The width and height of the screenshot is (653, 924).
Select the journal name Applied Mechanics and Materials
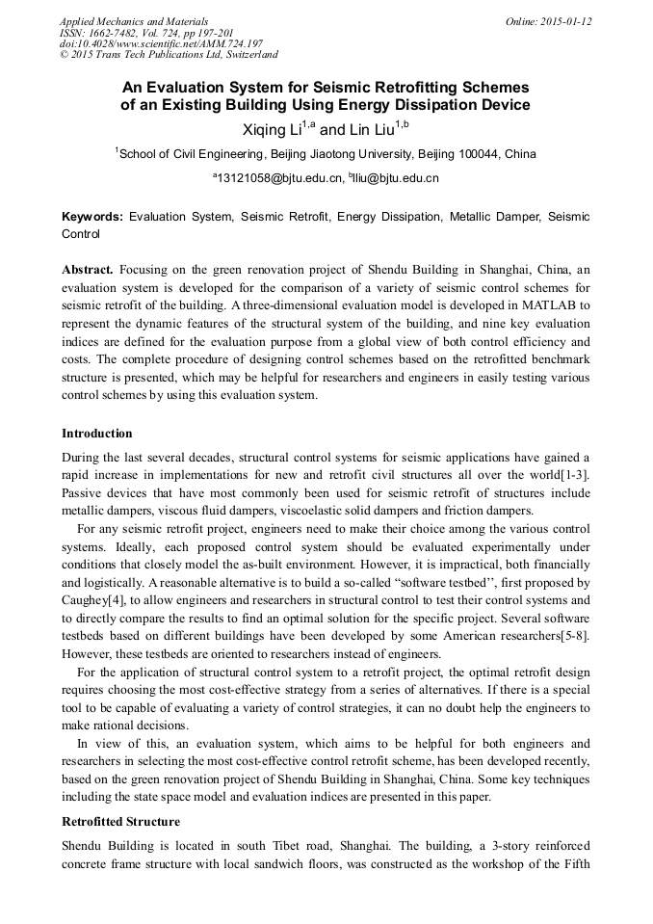coord(134,21)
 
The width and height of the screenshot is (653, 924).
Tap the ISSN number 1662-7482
coord(119,33)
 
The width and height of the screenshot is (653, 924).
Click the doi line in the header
coord(161,44)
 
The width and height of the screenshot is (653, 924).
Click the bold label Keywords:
coord(92,218)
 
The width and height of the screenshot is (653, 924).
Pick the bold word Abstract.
coord(88,269)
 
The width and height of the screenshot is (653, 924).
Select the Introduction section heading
coord(96,434)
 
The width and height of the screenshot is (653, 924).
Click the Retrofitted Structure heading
coord(120,822)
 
